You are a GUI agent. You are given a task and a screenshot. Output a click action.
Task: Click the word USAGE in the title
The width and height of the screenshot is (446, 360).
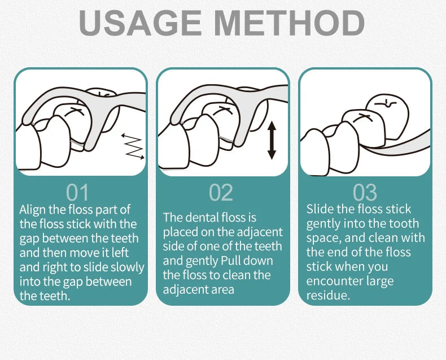pos(140,23)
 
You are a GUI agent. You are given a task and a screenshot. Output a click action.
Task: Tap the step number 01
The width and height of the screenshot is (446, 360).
pos(77,193)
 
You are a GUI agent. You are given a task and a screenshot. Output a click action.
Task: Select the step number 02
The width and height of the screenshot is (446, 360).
pos(221,193)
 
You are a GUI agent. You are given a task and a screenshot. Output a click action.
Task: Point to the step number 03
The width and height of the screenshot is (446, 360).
pos(365,193)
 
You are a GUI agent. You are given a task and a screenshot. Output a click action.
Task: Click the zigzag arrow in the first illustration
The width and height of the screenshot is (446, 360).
pos(133,146)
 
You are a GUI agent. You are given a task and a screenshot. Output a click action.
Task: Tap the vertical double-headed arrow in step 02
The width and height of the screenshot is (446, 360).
pos(272,140)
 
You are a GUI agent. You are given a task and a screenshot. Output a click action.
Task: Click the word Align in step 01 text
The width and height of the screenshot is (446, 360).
pos(32,210)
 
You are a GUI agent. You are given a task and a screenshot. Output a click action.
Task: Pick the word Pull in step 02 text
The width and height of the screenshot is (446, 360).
pos(231,261)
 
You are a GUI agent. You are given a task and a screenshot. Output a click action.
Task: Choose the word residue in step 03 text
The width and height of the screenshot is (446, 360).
pos(328,296)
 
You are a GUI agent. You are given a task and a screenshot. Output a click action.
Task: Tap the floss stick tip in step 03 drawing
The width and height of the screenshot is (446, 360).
pos(361,146)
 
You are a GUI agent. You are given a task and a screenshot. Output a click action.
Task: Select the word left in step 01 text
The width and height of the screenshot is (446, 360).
pos(120,253)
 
